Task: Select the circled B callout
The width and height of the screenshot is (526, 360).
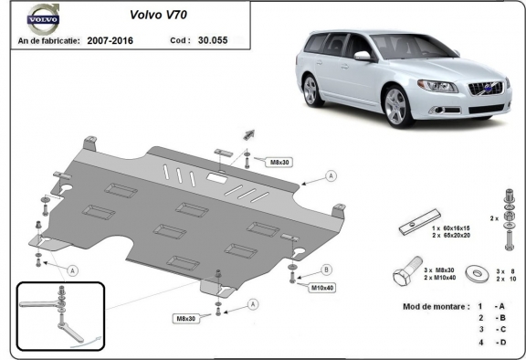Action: pos(326,270)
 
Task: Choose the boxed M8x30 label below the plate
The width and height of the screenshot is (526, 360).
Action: pos(188,318)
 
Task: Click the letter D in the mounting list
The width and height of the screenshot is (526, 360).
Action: pos(500,342)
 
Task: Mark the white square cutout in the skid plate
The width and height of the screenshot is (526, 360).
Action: pos(219,178)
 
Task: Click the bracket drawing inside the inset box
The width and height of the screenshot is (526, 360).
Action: pos(58,314)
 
